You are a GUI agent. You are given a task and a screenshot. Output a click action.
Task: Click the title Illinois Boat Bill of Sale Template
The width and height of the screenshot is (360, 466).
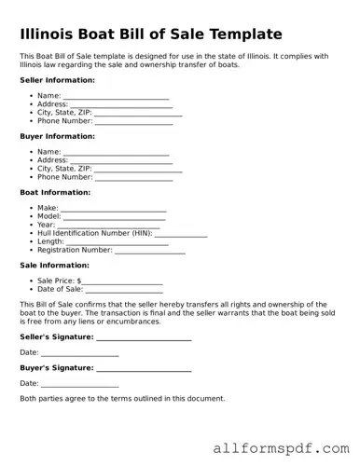pyautogui.click(x=150, y=34)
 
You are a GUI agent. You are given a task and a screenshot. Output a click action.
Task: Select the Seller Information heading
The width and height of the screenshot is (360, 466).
pyautogui.click(x=55, y=80)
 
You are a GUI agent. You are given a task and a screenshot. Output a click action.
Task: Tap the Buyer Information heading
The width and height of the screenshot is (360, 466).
pyautogui.click(x=55, y=136)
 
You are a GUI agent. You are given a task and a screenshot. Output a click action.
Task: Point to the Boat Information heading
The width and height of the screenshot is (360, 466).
pyautogui.click(x=55, y=192)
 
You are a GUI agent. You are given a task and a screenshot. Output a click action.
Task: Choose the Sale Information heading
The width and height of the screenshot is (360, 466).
pyautogui.click(x=54, y=265)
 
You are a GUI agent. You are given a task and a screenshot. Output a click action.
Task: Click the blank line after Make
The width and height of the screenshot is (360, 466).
pyautogui.click(x=114, y=209)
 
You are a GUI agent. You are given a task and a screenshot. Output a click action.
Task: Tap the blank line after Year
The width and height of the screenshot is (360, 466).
pyautogui.click(x=108, y=226)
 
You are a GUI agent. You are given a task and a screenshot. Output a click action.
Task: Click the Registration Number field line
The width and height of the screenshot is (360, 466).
pyautogui.click(x=149, y=251)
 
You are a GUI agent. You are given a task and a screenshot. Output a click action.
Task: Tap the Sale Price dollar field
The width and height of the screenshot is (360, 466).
pyautogui.click(x=122, y=281)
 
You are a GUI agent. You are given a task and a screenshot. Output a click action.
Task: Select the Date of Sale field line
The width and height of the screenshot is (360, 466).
pyautogui.click(x=125, y=290)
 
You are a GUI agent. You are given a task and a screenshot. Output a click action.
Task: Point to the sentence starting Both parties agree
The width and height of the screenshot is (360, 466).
pyautogui.click(x=122, y=398)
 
